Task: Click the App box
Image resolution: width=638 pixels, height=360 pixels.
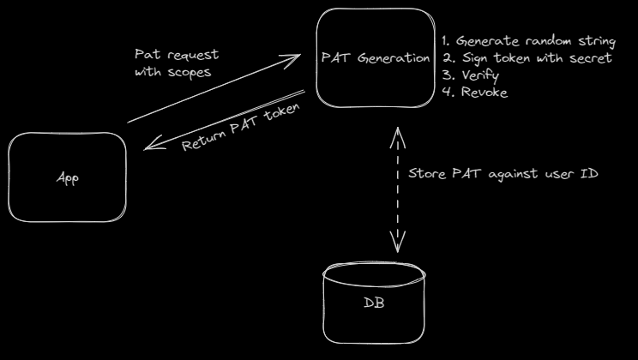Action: pos(67,178)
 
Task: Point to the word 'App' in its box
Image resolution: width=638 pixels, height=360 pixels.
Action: pos(67,179)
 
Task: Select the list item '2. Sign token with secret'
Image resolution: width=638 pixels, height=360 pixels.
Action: pos(527,58)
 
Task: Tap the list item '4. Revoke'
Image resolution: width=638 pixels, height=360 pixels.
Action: pos(473,92)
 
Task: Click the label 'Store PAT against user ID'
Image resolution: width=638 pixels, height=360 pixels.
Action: pos(502,173)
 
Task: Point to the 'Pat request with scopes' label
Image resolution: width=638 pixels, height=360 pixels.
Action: pos(173,63)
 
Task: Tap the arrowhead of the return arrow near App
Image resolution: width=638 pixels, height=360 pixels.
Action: pos(149,147)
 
